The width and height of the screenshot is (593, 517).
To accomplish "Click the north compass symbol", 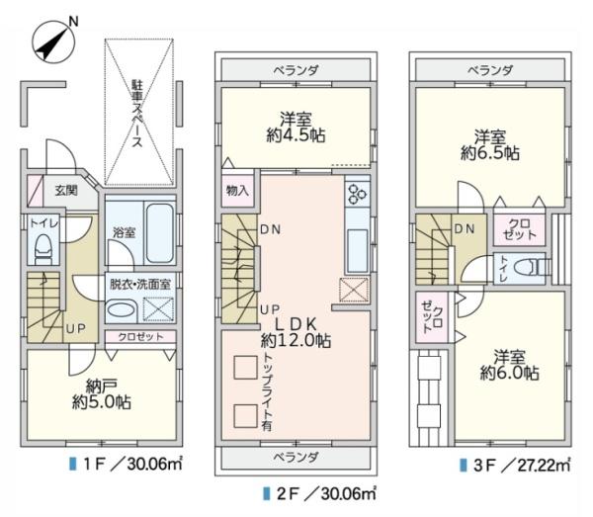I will point(50,41).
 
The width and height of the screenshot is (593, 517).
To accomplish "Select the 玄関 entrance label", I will point(65,191).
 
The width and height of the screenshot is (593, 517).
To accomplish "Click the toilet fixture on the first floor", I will point(42,248).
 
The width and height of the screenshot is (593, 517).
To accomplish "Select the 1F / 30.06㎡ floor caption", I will point(120,464).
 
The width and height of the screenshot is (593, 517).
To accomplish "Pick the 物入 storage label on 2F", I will point(237,190).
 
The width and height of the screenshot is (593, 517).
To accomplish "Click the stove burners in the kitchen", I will point(357,193).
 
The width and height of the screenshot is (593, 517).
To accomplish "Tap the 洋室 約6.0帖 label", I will point(510,365).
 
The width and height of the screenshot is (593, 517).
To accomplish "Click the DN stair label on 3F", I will point(465,229).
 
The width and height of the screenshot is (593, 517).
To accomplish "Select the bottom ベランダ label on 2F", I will point(296,457).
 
